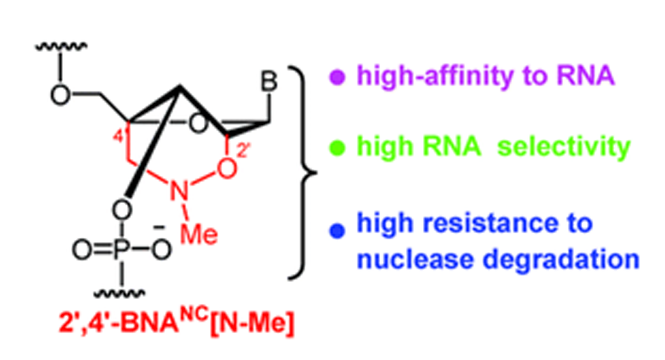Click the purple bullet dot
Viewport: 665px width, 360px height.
click(337, 77)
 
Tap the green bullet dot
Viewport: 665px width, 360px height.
click(337, 148)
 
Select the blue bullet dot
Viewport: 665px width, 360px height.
click(337, 231)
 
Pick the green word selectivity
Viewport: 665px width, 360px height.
click(564, 147)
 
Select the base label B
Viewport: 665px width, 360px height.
click(268, 81)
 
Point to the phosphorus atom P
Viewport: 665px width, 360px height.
click(121, 249)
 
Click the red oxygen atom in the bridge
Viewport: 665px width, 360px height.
click(227, 168)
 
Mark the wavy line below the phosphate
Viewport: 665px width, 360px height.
click(119, 294)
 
